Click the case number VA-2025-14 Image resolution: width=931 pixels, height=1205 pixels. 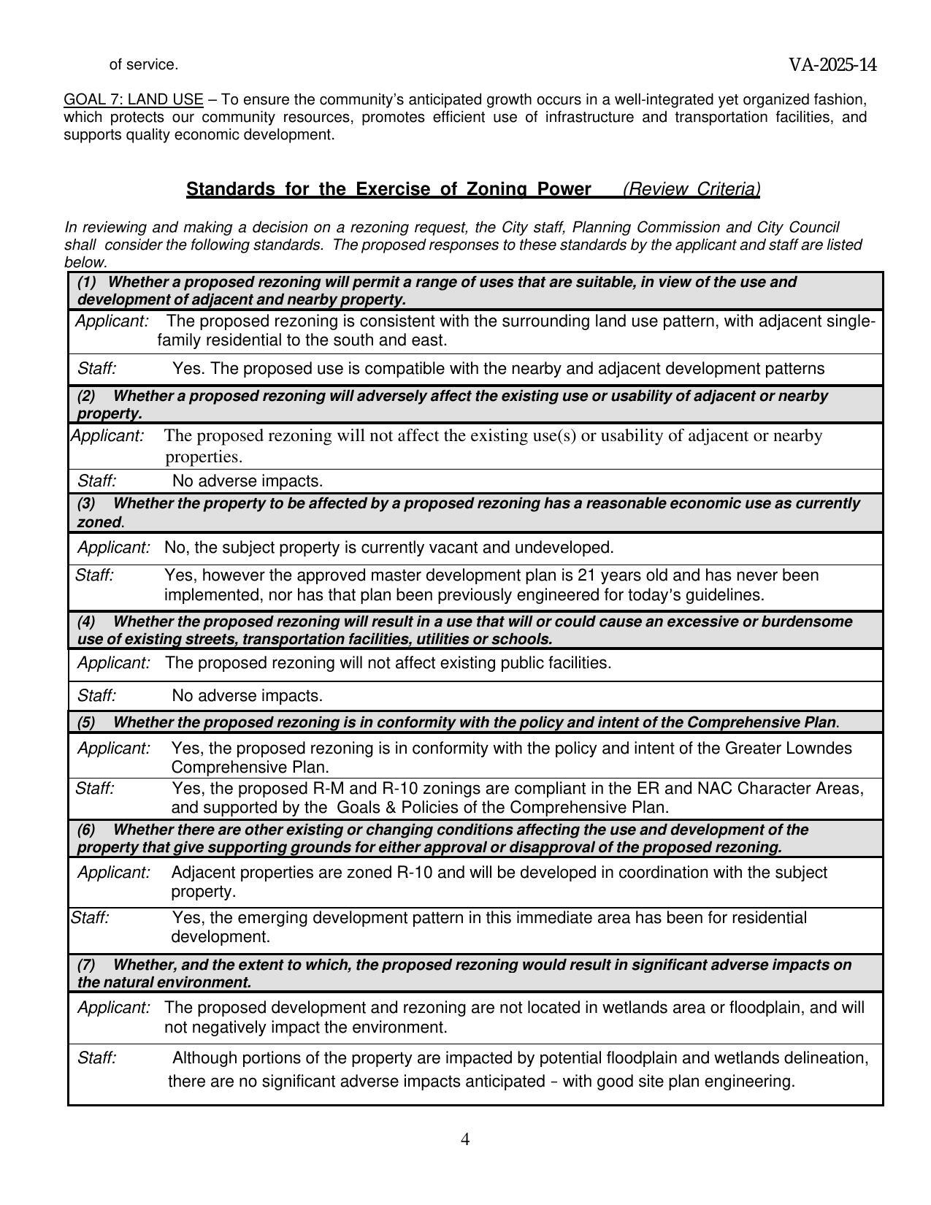pyautogui.click(x=832, y=66)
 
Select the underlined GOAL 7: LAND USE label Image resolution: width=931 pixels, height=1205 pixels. pyautogui.click(x=134, y=99)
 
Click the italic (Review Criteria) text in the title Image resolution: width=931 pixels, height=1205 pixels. pyautogui.click(x=691, y=189)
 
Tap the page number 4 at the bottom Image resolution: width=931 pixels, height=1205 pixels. pyautogui.click(x=465, y=1139)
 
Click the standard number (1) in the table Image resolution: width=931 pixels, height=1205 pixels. pyautogui.click(x=87, y=282)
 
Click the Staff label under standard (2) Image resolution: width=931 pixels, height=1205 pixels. pyautogui.click(x=97, y=481)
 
